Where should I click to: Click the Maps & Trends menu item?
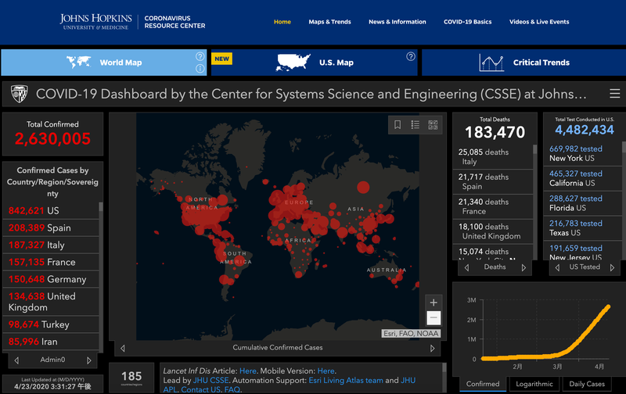(x=329, y=22)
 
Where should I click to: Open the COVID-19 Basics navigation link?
(x=467, y=22)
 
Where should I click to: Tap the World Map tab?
(x=121, y=63)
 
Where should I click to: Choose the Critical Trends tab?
(x=541, y=63)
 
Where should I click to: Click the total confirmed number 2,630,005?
(x=52, y=139)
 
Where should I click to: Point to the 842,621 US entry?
(x=34, y=211)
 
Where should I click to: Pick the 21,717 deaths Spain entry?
(x=484, y=182)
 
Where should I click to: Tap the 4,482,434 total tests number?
(x=581, y=131)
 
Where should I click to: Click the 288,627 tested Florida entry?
(x=576, y=203)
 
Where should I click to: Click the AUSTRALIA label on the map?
(x=384, y=270)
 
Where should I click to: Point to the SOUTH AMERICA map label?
(x=235, y=257)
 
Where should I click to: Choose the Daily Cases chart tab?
(x=586, y=384)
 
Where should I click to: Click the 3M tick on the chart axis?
(x=471, y=300)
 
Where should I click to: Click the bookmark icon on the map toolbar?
(x=398, y=124)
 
